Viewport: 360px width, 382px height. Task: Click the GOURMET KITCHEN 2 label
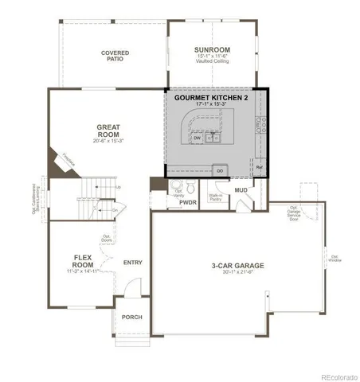[216, 97]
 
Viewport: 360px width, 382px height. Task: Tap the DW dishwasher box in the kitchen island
[197, 138]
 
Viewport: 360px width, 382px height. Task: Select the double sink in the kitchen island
[213, 138]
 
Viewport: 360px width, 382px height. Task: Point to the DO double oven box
[219, 169]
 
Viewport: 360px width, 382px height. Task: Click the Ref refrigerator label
[260, 169]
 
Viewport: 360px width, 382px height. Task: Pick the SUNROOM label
[212, 50]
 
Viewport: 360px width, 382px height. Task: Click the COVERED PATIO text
[115, 57]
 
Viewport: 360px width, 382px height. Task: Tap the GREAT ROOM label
[108, 129]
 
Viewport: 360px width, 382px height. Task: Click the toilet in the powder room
[177, 188]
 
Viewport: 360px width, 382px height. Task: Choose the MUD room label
[241, 191]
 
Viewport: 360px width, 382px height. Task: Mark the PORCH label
[131, 317]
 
